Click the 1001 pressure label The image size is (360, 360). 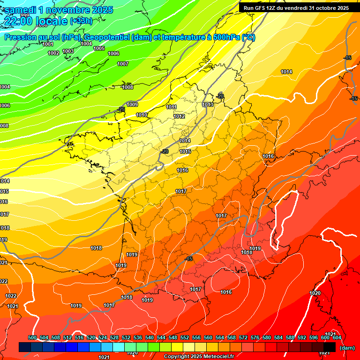coord(47,44)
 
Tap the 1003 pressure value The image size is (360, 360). coord(68,51)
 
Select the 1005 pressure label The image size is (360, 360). coord(99,48)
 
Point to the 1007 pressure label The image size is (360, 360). coord(123,64)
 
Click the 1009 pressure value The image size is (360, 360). coord(132,105)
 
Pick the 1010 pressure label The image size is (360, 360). coord(142,115)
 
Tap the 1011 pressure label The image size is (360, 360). coord(172,107)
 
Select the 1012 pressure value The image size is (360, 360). coord(179,116)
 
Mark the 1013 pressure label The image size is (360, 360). coord(208,105)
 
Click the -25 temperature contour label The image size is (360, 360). coord(121,109)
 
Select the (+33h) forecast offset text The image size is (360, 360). coord(81,21)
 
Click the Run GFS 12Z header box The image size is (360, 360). coord(296,8)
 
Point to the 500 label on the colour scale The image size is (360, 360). coord(32,337)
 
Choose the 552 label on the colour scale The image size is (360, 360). coord(185,337)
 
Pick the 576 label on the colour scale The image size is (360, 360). coord(255,337)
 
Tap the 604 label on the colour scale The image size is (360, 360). coord(337,337)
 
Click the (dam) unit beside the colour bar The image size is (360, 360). coord(347,348)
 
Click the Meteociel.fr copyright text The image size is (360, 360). coord(204,357)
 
